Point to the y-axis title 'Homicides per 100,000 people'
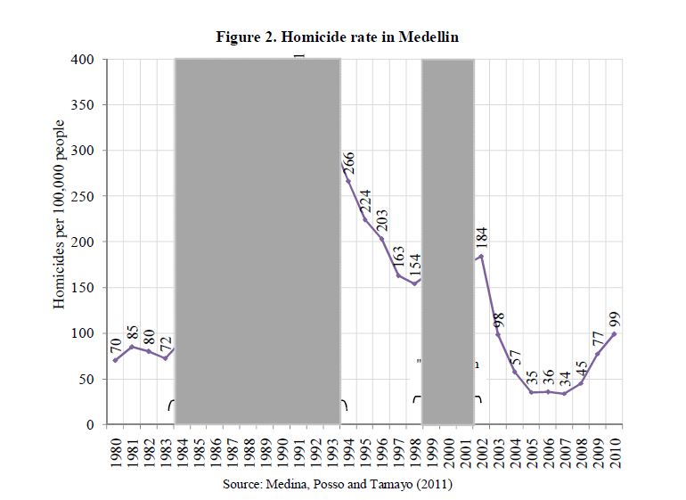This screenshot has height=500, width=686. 60,214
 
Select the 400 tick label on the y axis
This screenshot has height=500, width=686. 83,60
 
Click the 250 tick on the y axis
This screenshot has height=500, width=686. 83,196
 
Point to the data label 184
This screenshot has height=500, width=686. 482,240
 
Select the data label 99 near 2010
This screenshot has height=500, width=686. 615,320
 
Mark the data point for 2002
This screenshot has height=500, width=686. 481,257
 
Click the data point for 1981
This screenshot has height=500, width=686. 132,347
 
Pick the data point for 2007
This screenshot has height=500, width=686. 565,393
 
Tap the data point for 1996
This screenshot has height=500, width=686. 381,239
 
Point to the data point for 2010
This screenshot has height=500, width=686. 615,334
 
